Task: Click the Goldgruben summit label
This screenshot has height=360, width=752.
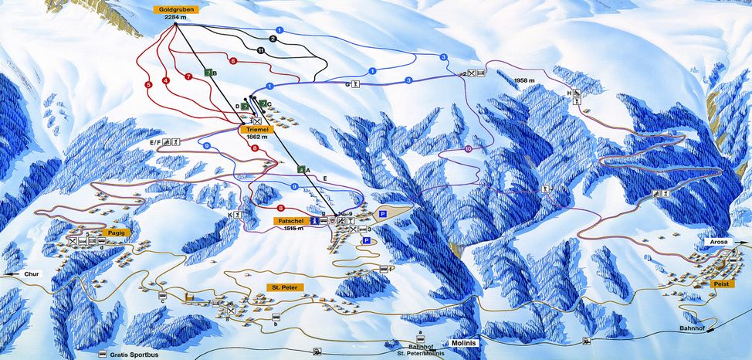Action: [176, 9]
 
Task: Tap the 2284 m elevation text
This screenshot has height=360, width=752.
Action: [176, 18]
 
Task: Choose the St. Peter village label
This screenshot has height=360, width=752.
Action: [283, 287]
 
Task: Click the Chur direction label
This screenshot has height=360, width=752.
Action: [31, 273]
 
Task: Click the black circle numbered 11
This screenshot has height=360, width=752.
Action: [261, 50]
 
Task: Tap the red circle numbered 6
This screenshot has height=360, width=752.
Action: [232, 61]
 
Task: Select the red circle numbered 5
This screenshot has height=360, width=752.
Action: [147, 84]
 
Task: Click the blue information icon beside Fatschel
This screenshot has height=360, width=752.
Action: [314, 221]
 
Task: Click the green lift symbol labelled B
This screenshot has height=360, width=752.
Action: [208, 73]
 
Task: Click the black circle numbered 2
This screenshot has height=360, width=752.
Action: [273, 39]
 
